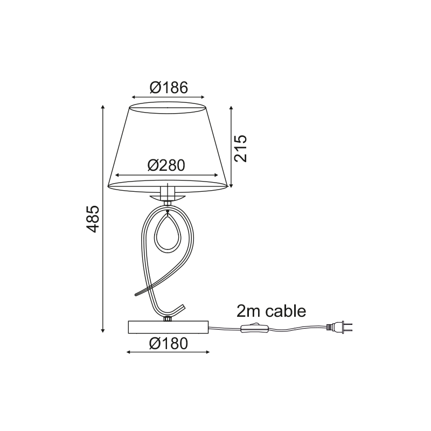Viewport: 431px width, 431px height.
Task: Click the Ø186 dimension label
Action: point(169,88)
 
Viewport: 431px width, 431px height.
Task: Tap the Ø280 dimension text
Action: point(166,165)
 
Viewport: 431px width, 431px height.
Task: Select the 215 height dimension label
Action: point(240,149)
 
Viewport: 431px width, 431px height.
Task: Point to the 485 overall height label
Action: point(92,219)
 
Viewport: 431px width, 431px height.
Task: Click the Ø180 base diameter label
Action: point(169,343)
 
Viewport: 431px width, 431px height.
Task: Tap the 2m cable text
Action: point(272,311)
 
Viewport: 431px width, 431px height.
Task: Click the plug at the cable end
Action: point(339,327)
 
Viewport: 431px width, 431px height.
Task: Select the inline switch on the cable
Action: point(254,328)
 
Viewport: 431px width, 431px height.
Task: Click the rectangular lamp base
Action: point(168,327)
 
